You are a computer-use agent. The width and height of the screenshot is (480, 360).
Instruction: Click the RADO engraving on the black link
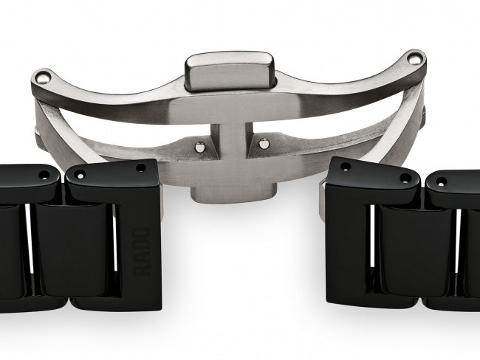point(145,252)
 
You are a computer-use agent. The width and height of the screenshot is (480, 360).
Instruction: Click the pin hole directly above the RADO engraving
point(142,169)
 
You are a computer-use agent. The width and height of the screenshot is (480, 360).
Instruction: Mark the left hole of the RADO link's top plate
point(79,176)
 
